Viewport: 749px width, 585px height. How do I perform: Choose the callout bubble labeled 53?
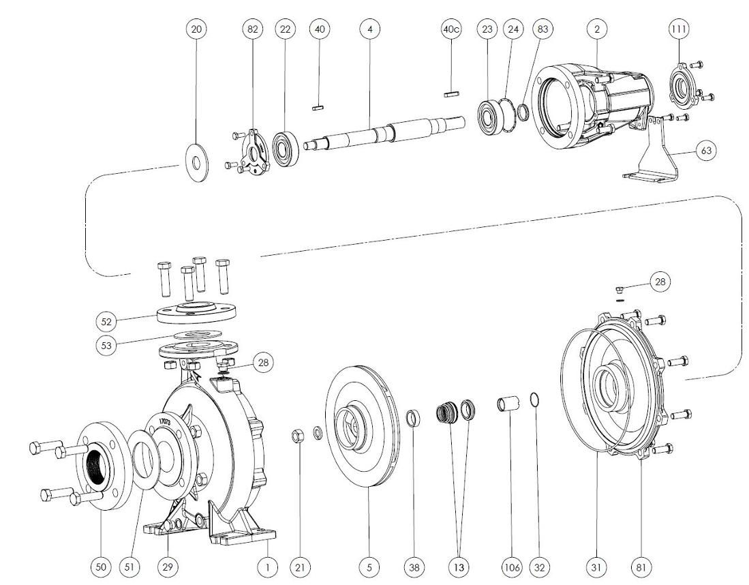coord(107,345)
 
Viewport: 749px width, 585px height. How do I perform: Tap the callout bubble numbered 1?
coord(268,567)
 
